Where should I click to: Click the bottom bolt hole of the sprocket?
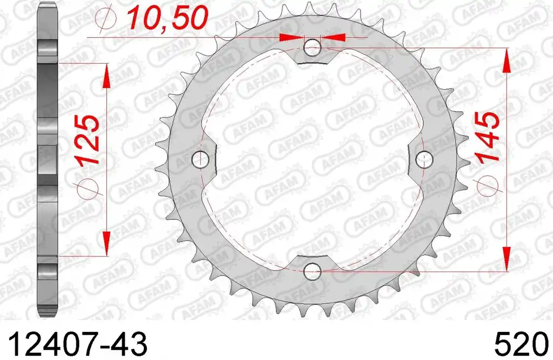click(312, 272)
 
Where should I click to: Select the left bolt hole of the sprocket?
click(200, 159)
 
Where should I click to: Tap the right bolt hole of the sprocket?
click(424, 159)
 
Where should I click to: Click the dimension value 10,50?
click(167, 18)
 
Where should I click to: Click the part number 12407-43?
click(77, 345)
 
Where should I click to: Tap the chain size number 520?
click(523, 345)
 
